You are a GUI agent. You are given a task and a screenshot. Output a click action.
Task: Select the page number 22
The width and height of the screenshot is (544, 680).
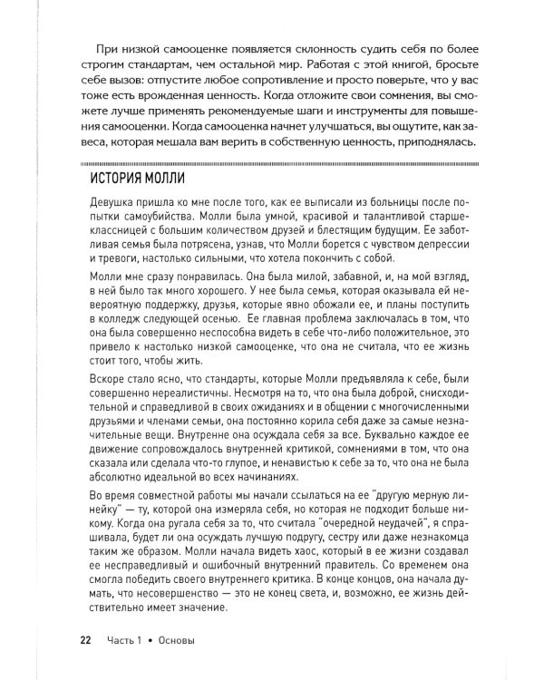86,641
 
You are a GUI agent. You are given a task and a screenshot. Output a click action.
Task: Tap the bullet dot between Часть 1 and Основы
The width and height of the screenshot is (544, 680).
154,641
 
